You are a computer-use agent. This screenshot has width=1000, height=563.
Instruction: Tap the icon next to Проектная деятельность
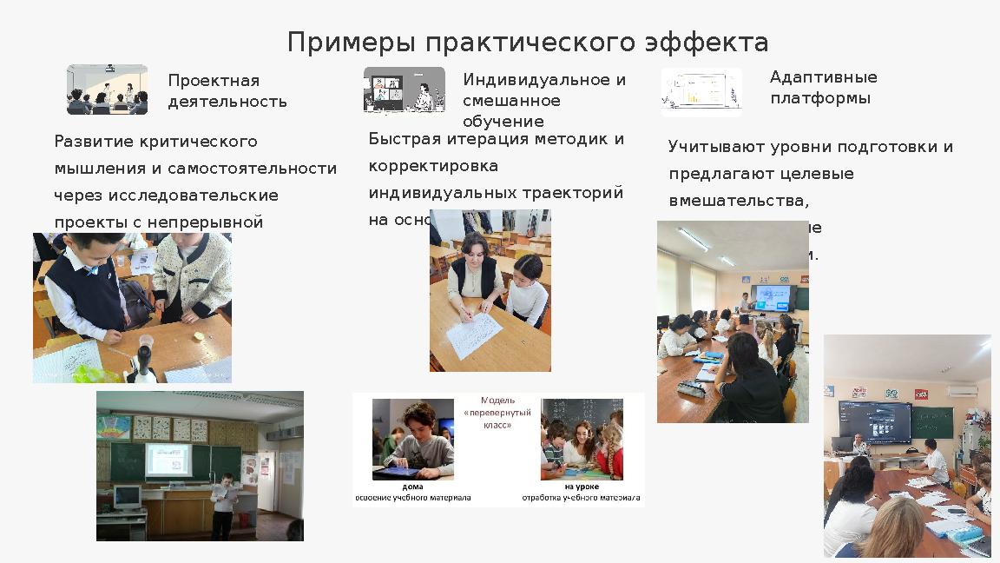[107, 89]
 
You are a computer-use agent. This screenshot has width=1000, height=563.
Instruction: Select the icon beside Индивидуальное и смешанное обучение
[404, 90]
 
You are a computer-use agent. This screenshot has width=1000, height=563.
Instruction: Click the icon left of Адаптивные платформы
[701, 91]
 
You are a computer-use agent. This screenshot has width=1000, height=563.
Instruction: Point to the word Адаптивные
[823, 77]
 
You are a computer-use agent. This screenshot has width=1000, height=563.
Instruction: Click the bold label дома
[412, 487]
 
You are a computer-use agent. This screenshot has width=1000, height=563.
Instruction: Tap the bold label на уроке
[581, 487]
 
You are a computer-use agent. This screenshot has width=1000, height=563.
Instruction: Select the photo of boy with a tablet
[412, 439]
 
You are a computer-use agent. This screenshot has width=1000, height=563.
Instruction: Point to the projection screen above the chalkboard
[168, 459]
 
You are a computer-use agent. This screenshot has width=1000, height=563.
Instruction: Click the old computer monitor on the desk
[128, 497]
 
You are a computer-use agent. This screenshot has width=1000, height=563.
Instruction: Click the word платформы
[819, 98]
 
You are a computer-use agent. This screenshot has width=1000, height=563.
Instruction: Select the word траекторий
[579, 193]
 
